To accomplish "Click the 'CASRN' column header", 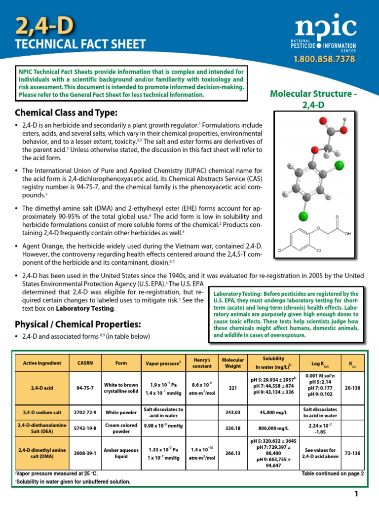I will (82, 363).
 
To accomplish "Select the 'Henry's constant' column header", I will (202, 363).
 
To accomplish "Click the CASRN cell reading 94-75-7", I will (82, 388).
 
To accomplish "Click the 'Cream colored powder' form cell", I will (121, 429).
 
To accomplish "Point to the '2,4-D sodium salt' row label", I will (41, 413).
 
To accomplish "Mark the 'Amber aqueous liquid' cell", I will (121, 453).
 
